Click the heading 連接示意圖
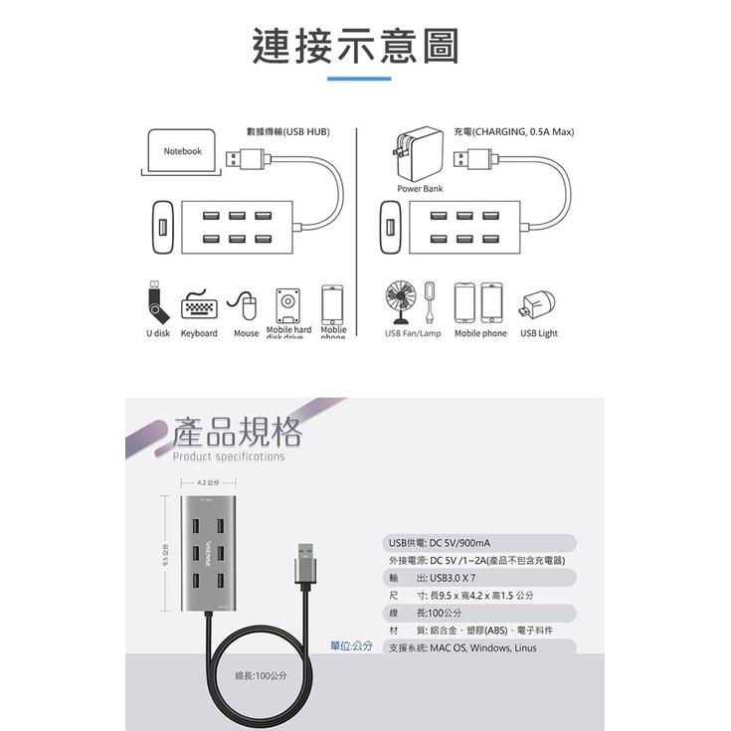(355, 47)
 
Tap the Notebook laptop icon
(182, 154)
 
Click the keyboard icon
(199, 306)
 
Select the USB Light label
(539, 334)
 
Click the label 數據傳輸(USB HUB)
(287, 131)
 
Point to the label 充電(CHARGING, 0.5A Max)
(514, 131)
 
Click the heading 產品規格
(237, 432)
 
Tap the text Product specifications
(229, 457)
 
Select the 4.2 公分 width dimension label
(208, 482)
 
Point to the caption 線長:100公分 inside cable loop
(261, 675)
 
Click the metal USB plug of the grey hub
(304, 566)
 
